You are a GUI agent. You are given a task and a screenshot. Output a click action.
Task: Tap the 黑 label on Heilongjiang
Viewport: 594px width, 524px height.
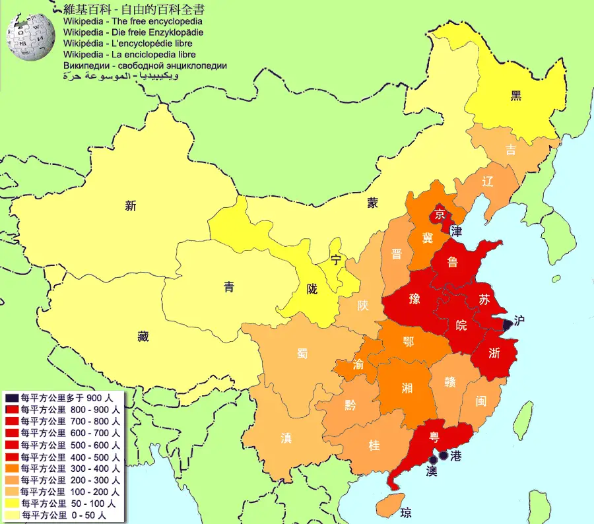click(x=516, y=96)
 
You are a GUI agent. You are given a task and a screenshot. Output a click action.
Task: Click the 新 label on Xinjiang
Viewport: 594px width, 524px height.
click(x=131, y=206)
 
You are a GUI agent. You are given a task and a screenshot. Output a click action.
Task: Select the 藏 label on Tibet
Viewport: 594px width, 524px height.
click(x=143, y=337)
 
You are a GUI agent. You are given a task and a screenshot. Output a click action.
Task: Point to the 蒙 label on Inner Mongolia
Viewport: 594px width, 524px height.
click(x=374, y=203)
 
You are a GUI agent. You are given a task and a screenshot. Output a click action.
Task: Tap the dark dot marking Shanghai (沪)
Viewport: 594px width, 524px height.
click(x=507, y=324)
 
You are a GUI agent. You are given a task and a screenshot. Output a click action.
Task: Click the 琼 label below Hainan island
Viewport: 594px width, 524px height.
click(x=406, y=512)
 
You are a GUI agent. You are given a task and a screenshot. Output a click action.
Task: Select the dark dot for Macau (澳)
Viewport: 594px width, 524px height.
click(x=432, y=459)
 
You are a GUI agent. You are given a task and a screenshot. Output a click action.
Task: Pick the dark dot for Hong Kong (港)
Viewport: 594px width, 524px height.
click(x=443, y=454)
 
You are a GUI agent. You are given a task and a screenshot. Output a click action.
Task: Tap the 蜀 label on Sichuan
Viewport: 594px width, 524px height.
click(x=302, y=353)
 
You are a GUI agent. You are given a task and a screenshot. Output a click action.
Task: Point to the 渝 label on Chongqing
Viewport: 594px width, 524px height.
click(x=358, y=364)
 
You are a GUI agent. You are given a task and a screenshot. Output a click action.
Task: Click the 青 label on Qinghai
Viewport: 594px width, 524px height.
click(x=228, y=286)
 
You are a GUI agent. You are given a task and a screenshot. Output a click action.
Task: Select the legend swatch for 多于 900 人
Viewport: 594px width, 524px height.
click(x=12, y=398)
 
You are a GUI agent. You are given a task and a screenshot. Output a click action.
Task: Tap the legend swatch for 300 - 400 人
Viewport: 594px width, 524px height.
click(x=12, y=468)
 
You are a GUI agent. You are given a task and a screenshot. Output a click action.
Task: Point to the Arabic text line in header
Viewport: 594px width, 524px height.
click(x=120, y=76)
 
